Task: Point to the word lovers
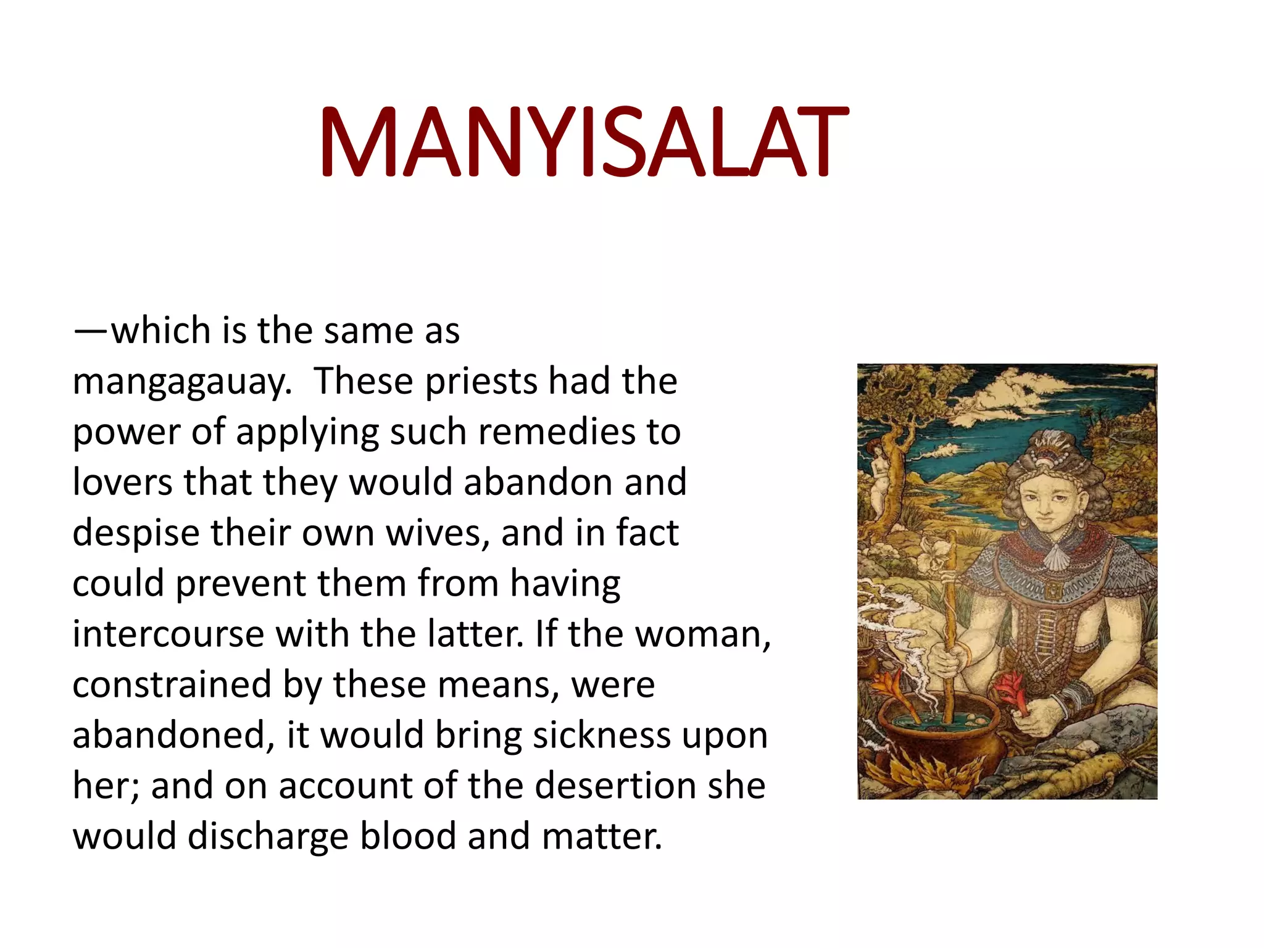[x=123, y=481]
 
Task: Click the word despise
[x=136, y=532]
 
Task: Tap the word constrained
[x=172, y=684]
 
